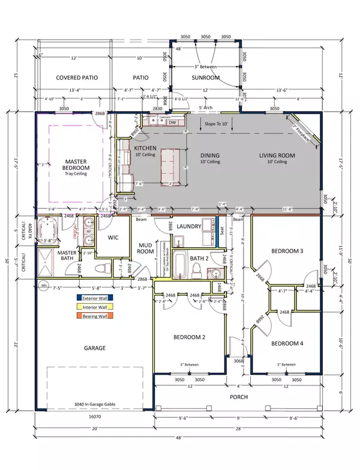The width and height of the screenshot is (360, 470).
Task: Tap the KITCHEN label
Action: coord(145,147)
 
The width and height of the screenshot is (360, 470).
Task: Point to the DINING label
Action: coord(210,156)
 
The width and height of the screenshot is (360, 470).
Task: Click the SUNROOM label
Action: coord(206,78)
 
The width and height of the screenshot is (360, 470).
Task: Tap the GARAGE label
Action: coord(95,348)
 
